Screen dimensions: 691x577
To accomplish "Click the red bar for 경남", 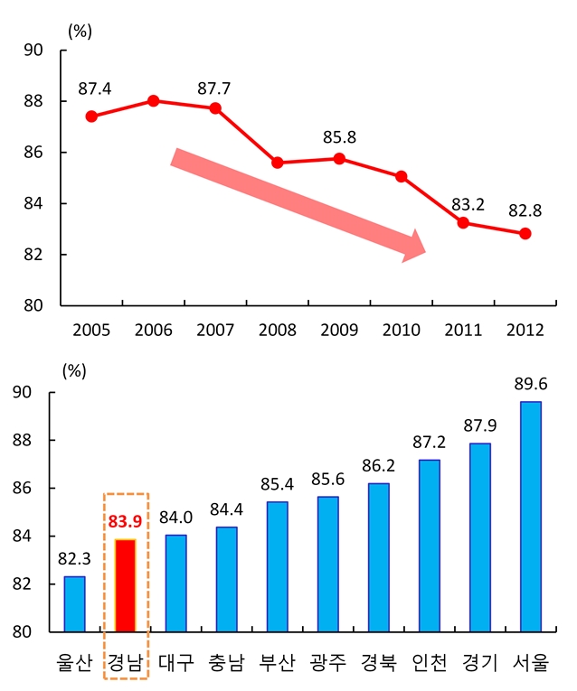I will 126,585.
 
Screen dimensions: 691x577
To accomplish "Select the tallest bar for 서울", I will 531,517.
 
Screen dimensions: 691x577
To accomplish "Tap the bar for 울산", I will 74,604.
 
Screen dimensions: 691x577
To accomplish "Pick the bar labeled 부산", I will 278,566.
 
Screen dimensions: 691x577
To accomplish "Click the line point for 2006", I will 154,100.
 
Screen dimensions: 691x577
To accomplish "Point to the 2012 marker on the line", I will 525,233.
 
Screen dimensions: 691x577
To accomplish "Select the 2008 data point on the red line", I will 278,163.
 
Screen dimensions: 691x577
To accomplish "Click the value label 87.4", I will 94,89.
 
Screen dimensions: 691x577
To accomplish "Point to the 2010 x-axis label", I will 402,330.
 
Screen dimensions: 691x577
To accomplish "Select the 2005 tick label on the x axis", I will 91,330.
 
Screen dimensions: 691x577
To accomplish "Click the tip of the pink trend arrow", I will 424,245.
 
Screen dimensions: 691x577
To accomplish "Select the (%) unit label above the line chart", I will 80,30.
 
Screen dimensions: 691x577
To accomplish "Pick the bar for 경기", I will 480,537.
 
